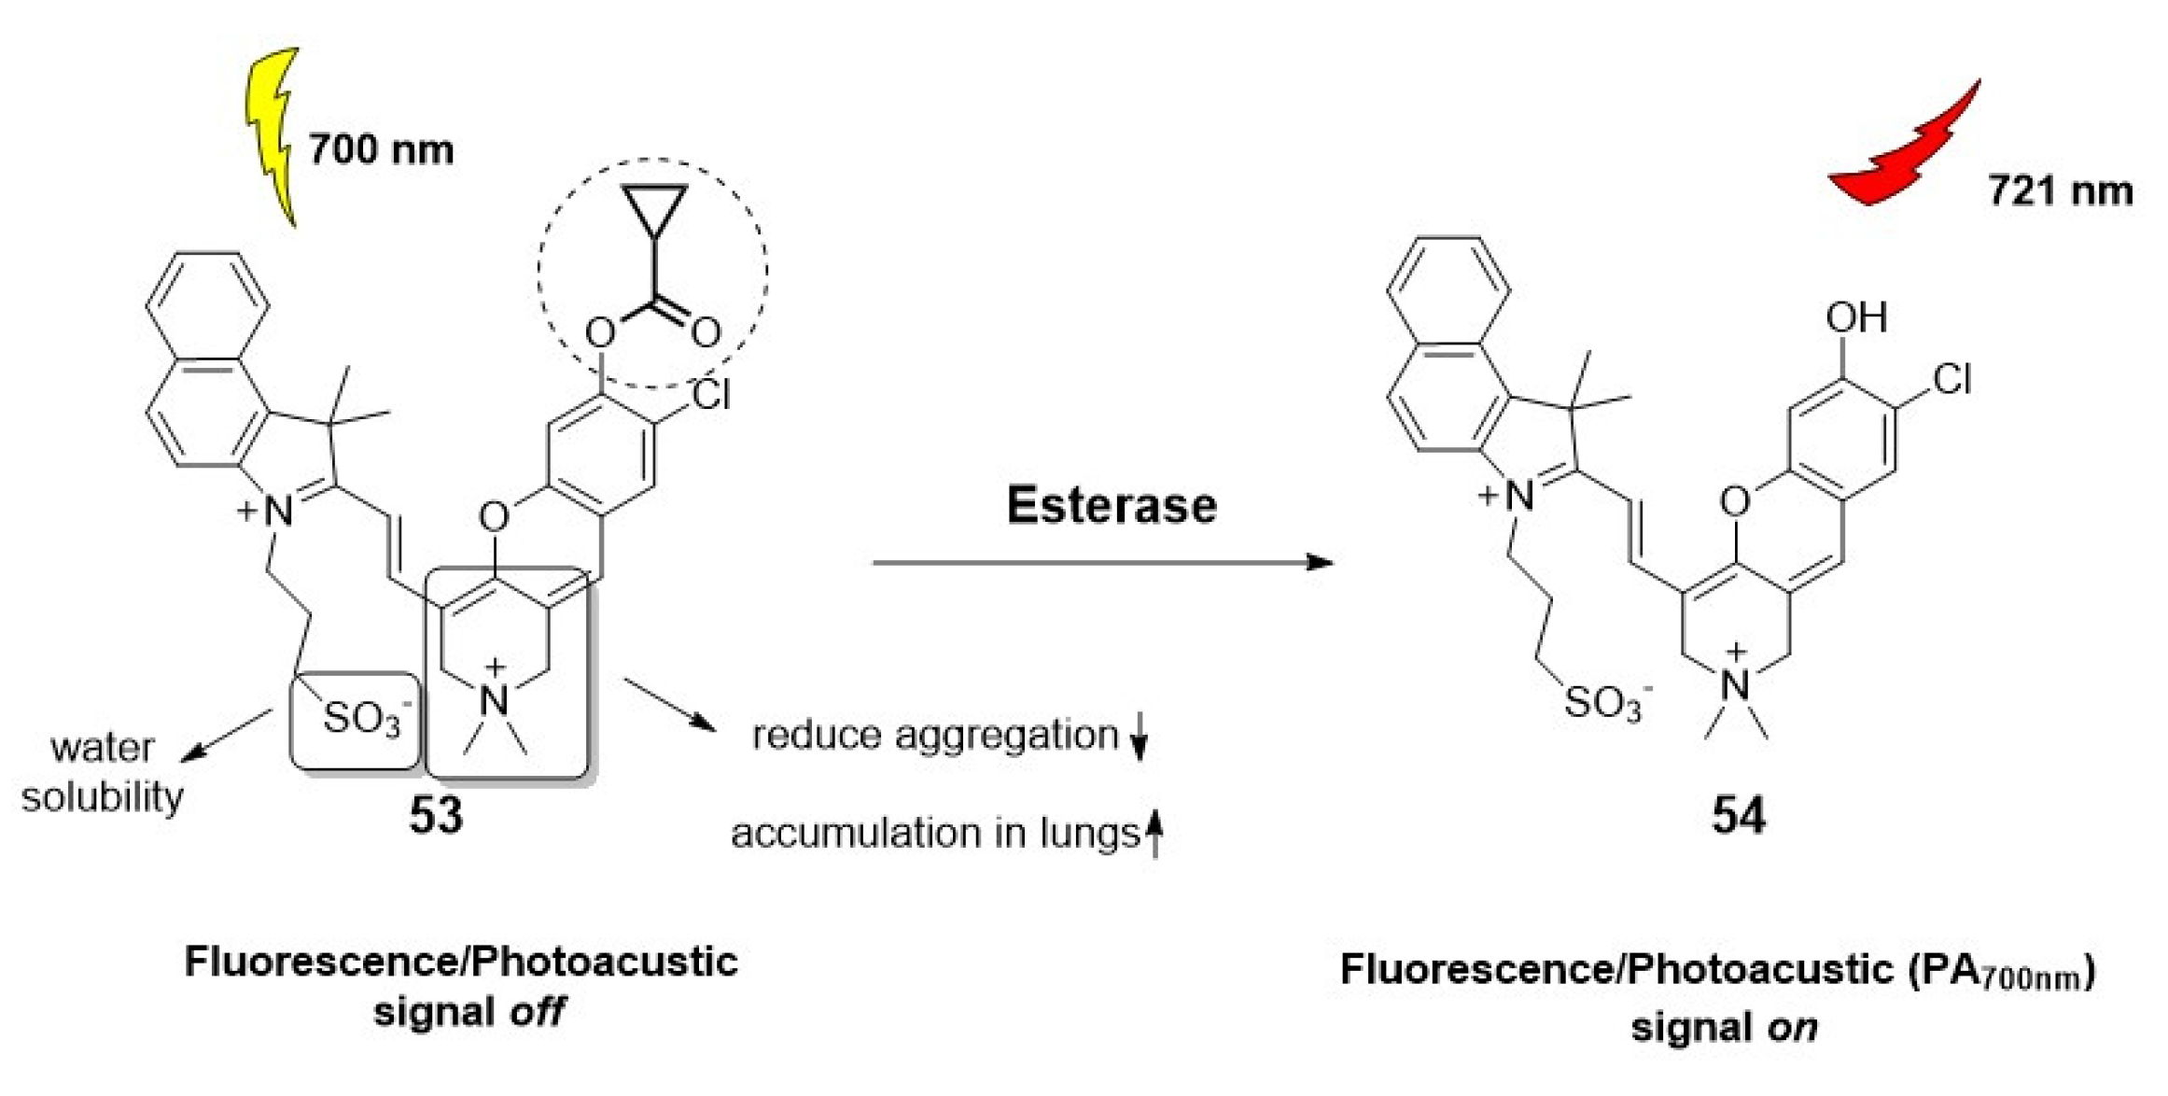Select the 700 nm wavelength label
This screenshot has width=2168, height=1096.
point(381,149)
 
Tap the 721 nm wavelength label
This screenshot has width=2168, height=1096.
point(2060,191)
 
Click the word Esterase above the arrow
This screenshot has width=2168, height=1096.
point(1111,505)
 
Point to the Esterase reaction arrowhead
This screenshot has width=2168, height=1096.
point(1320,562)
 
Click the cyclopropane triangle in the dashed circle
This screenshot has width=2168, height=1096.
point(655,207)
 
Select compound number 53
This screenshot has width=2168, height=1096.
point(435,815)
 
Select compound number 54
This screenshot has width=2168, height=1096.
point(1738,815)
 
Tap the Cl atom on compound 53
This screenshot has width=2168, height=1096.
point(711,395)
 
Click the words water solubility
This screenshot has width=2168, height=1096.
point(103,772)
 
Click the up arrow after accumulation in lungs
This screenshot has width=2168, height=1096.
point(1154,833)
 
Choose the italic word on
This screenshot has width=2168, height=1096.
point(1792,1028)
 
